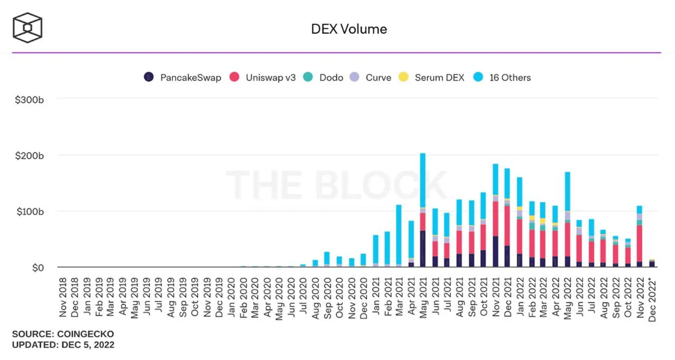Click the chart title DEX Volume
click(349, 29)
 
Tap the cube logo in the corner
click(27, 28)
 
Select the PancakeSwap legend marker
click(149, 77)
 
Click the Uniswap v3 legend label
click(271, 78)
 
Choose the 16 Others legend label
click(510, 78)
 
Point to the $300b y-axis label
click(29, 100)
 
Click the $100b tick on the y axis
click(30, 211)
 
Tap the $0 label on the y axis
click(38, 268)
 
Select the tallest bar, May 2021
click(423, 210)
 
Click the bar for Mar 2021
click(399, 236)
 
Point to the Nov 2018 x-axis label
click(63, 297)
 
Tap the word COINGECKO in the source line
click(85, 334)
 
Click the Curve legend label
click(378, 78)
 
